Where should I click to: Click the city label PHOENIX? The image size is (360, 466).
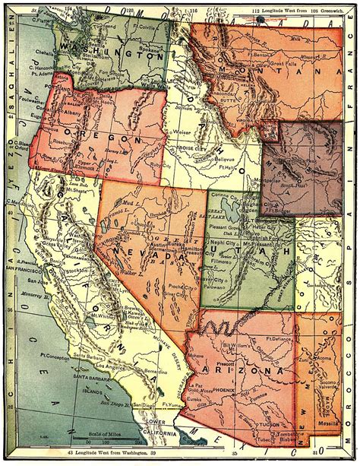(229, 395)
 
